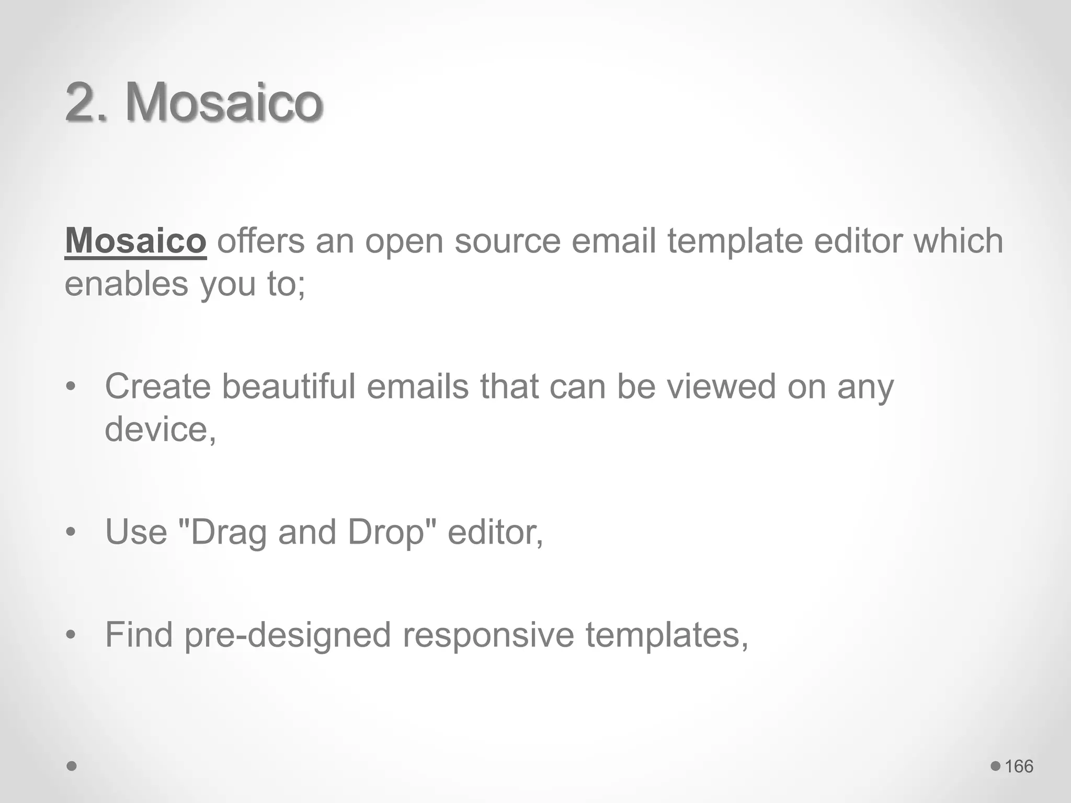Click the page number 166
pyautogui.click(x=1019, y=766)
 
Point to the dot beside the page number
pyautogui.click(x=995, y=766)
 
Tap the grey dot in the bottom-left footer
pyautogui.click(x=72, y=766)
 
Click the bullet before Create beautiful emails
pyautogui.click(x=71, y=387)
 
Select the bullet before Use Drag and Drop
pyautogui.click(x=71, y=532)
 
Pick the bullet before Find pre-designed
pyautogui.click(x=71, y=635)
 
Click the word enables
pyautogui.click(x=126, y=284)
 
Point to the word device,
pyautogui.click(x=160, y=429)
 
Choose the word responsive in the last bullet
pyautogui.click(x=488, y=635)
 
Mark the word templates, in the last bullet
pyautogui.click(x=667, y=635)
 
